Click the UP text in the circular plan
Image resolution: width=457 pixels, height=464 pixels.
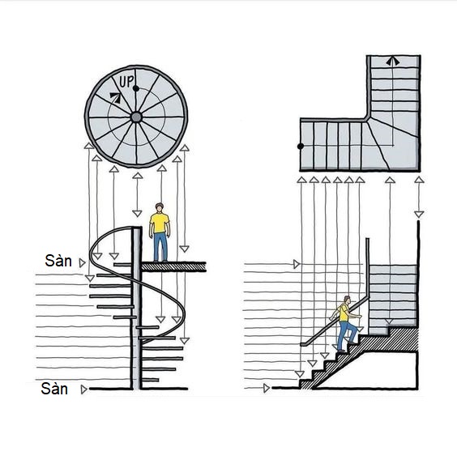point(126,81)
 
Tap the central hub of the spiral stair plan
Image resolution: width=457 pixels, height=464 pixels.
point(136,117)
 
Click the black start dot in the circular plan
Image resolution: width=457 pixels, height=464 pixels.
point(136,88)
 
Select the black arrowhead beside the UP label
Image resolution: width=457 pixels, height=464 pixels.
point(116,97)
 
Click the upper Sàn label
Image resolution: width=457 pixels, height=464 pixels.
point(58,261)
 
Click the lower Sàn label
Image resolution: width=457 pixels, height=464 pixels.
point(54,389)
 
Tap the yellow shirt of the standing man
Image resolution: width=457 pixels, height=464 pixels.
point(160,223)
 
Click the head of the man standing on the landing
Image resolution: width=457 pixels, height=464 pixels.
point(160,207)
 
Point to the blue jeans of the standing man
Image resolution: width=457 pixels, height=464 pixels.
point(160,246)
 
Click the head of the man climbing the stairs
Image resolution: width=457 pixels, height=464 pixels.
point(347,299)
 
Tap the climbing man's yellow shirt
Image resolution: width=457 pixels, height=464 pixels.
point(344,313)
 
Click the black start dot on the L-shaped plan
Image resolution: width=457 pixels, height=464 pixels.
point(301,147)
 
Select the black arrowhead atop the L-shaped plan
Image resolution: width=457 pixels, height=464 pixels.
point(393,62)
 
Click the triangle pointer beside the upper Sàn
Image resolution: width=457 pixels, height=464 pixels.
point(83,263)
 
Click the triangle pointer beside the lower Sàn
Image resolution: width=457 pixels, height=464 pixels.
point(83,390)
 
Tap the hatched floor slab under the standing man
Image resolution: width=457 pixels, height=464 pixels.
point(173,266)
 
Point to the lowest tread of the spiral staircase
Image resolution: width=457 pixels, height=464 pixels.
point(150,380)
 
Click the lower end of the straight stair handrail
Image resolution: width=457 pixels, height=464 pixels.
point(303,344)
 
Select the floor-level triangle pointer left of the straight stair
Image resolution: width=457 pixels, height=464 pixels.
point(267,388)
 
